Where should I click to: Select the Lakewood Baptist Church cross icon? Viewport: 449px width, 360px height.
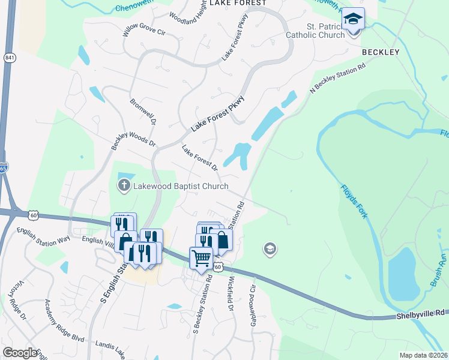click(124, 185)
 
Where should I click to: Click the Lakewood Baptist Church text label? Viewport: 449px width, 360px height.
click(179, 186)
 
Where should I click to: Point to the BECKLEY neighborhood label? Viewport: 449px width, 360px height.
click(381, 52)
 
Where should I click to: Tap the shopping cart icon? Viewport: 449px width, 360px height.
click(201, 257)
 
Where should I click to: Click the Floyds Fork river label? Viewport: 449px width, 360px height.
click(352, 201)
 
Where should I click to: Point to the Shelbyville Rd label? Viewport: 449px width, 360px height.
click(421, 313)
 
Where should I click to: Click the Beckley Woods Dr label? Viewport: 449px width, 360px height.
click(133, 136)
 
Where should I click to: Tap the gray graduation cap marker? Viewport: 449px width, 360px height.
click(270, 248)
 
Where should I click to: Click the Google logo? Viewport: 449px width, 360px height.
click(20, 353)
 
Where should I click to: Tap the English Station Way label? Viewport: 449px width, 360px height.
click(43, 235)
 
